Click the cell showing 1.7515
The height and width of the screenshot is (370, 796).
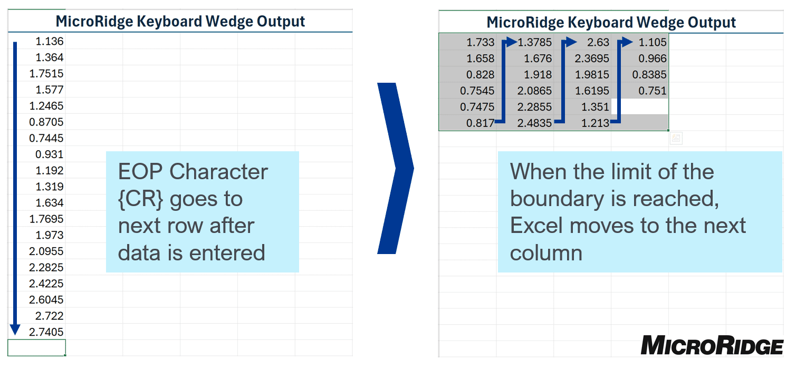coord(46,73)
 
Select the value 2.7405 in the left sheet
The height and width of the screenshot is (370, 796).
coord(46,332)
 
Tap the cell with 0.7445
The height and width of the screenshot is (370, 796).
coord(46,138)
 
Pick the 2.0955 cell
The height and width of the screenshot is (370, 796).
coord(46,251)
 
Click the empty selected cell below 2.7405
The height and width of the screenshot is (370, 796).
coord(36,348)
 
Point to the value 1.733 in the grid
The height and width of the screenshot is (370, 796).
coord(480,42)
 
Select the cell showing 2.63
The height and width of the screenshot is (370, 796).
coord(598,42)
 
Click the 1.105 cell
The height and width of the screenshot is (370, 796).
coord(653,42)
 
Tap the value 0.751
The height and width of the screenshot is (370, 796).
coord(653,91)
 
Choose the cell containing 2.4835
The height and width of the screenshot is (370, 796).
coord(534,123)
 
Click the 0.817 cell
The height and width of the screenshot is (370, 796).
coord(480,123)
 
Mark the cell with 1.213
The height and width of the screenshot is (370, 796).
coord(595,123)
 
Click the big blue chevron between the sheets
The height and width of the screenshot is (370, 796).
coord(395,168)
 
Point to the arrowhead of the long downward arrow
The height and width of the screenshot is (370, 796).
coord(15,329)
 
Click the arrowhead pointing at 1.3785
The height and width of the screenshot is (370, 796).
coord(511,42)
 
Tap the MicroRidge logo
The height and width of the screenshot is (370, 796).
coord(712,345)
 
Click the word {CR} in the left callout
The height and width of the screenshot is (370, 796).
coord(140,199)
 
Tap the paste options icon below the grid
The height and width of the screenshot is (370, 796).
coord(676,138)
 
